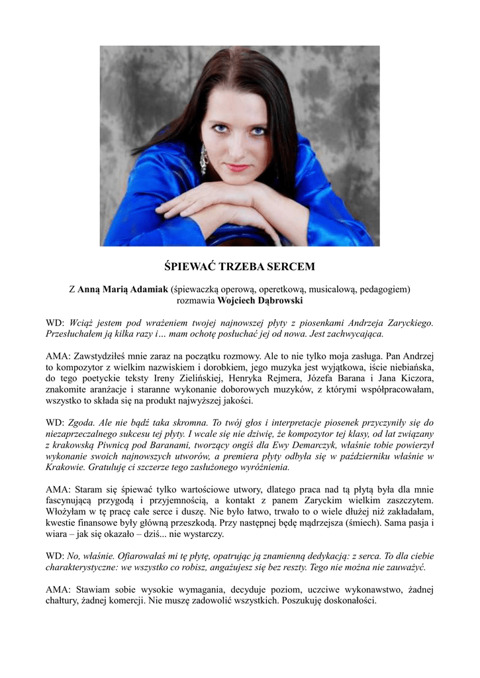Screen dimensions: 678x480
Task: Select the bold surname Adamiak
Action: pos(148,289)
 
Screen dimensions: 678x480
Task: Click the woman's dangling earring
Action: pos(204,159)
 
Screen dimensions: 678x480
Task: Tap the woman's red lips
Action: pos(236,168)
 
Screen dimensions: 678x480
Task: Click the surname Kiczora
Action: pos(415,378)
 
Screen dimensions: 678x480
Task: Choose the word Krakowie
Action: pos(66,467)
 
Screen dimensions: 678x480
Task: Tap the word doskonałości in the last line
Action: pos(352,601)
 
